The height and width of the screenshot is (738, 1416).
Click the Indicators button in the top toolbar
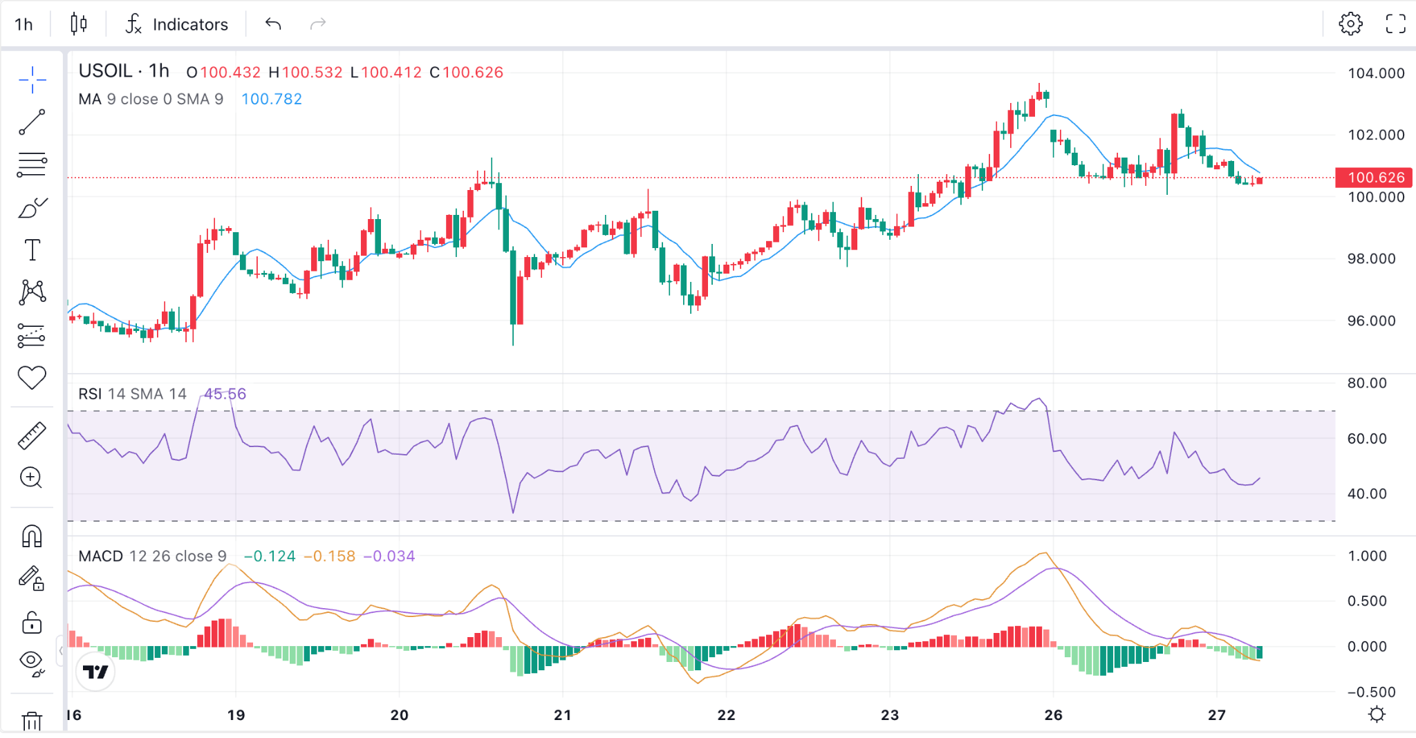(176, 24)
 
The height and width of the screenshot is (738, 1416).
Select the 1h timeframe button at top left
(24, 24)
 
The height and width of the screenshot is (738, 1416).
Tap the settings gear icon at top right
(1350, 23)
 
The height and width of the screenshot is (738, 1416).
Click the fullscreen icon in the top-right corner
(1396, 23)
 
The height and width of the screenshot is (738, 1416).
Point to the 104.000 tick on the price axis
(1376, 73)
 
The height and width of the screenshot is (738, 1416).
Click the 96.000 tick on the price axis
(1371, 321)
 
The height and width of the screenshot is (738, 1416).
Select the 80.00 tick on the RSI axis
(1367, 383)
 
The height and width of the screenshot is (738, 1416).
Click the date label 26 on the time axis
(1053, 715)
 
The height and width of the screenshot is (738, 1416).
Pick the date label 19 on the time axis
(236, 715)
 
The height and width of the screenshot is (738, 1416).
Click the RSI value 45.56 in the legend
(225, 394)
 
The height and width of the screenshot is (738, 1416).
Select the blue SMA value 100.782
(272, 99)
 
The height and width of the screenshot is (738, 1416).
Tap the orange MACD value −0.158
(330, 556)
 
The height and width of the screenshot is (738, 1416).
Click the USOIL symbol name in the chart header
(105, 71)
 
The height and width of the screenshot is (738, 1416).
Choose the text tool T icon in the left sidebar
(32, 249)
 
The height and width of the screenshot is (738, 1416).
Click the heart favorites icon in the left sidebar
(32, 377)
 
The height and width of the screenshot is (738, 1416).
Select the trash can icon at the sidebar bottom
(32, 721)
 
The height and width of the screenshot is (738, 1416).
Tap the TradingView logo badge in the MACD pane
(95, 672)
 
